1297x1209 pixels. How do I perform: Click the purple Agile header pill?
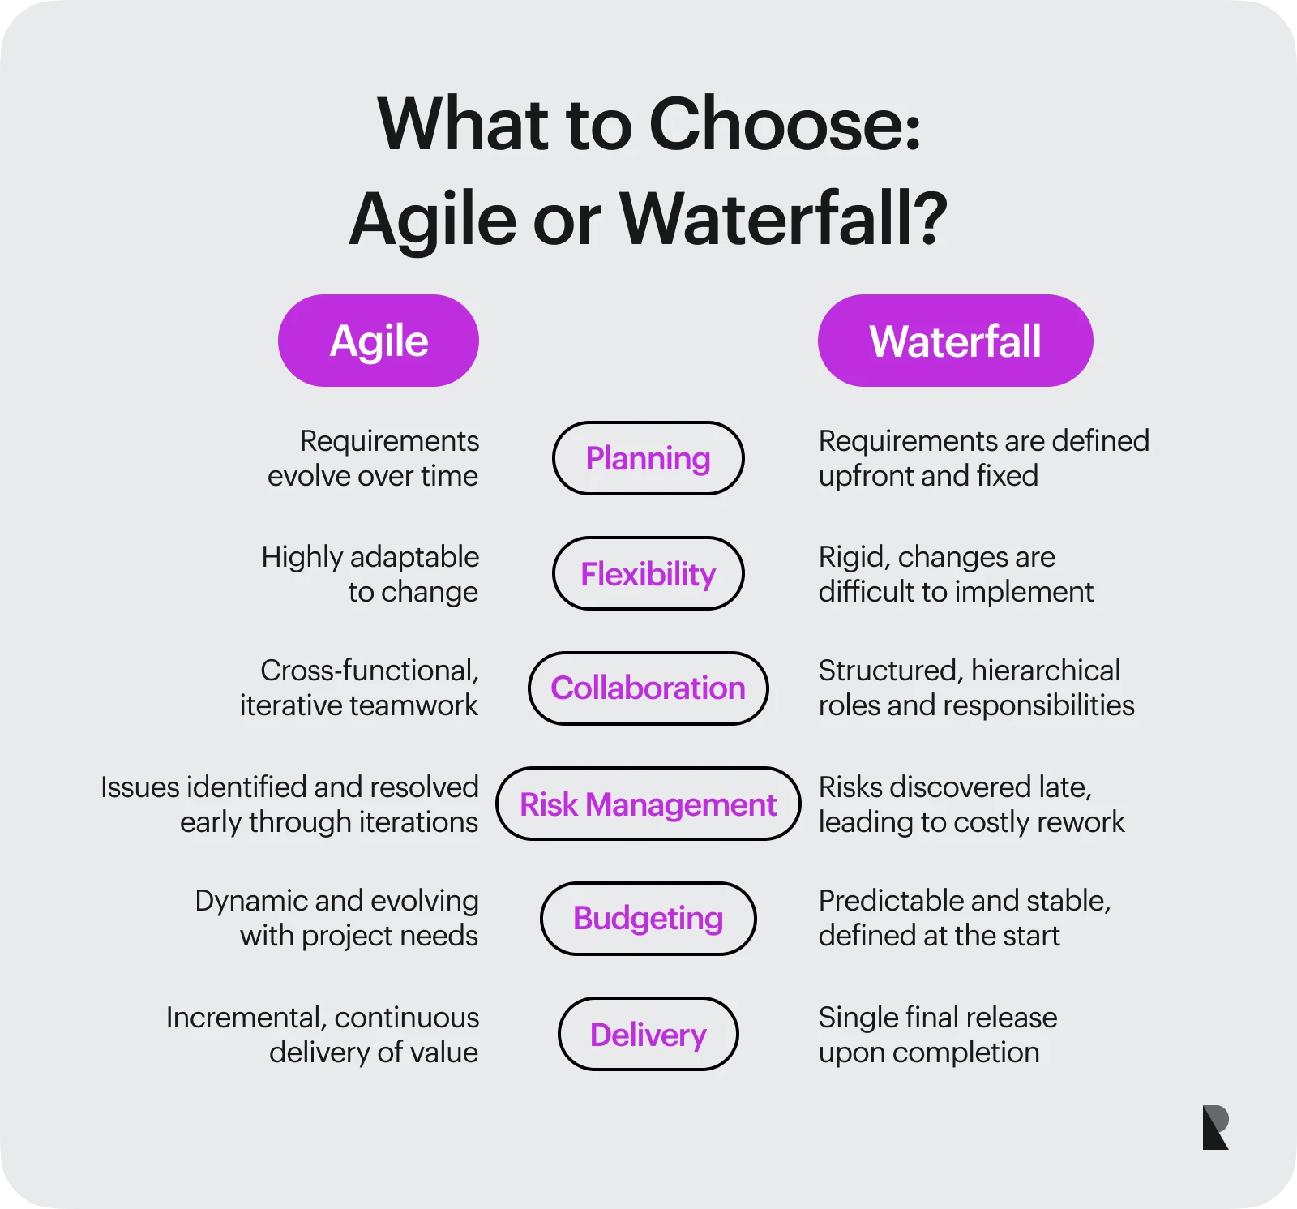(x=379, y=341)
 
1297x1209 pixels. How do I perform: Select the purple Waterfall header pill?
(x=955, y=341)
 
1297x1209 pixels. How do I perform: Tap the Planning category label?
(x=648, y=458)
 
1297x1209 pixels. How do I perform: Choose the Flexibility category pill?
(x=648, y=573)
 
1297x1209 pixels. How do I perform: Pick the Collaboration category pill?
(x=648, y=688)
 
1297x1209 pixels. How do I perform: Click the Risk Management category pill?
(x=648, y=804)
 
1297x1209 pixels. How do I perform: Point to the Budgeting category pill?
(x=648, y=918)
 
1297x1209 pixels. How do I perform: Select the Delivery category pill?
(x=648, y=1034)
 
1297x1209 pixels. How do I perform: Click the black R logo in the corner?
(x=1215, y=1127)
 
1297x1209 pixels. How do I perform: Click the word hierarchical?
(x=1045, y=671)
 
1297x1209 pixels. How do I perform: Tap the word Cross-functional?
(x=369, y=671)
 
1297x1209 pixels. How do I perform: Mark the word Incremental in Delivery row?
(x=246, y=1018)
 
